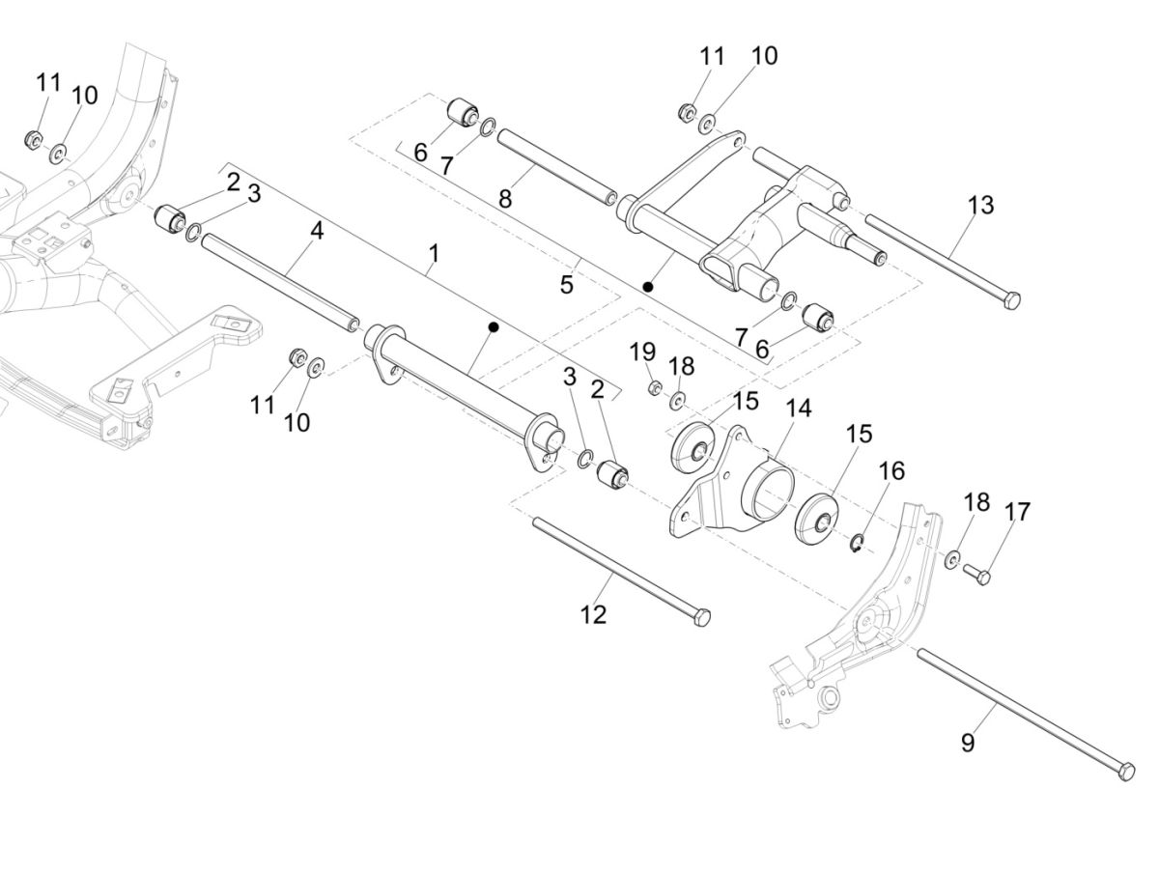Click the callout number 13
(980, 206)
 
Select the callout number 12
(593, 614)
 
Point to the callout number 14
(798, 408)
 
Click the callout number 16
(891, 470)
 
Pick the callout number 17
(1018, 511)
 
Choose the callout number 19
(642, 352)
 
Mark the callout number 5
(566, 284)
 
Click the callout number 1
(434, 253)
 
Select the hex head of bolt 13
(1010, 301)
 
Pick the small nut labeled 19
(654, 388)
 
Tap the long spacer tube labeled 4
(280, 280)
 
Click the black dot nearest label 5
(649, 287)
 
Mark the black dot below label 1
(493, 328)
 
